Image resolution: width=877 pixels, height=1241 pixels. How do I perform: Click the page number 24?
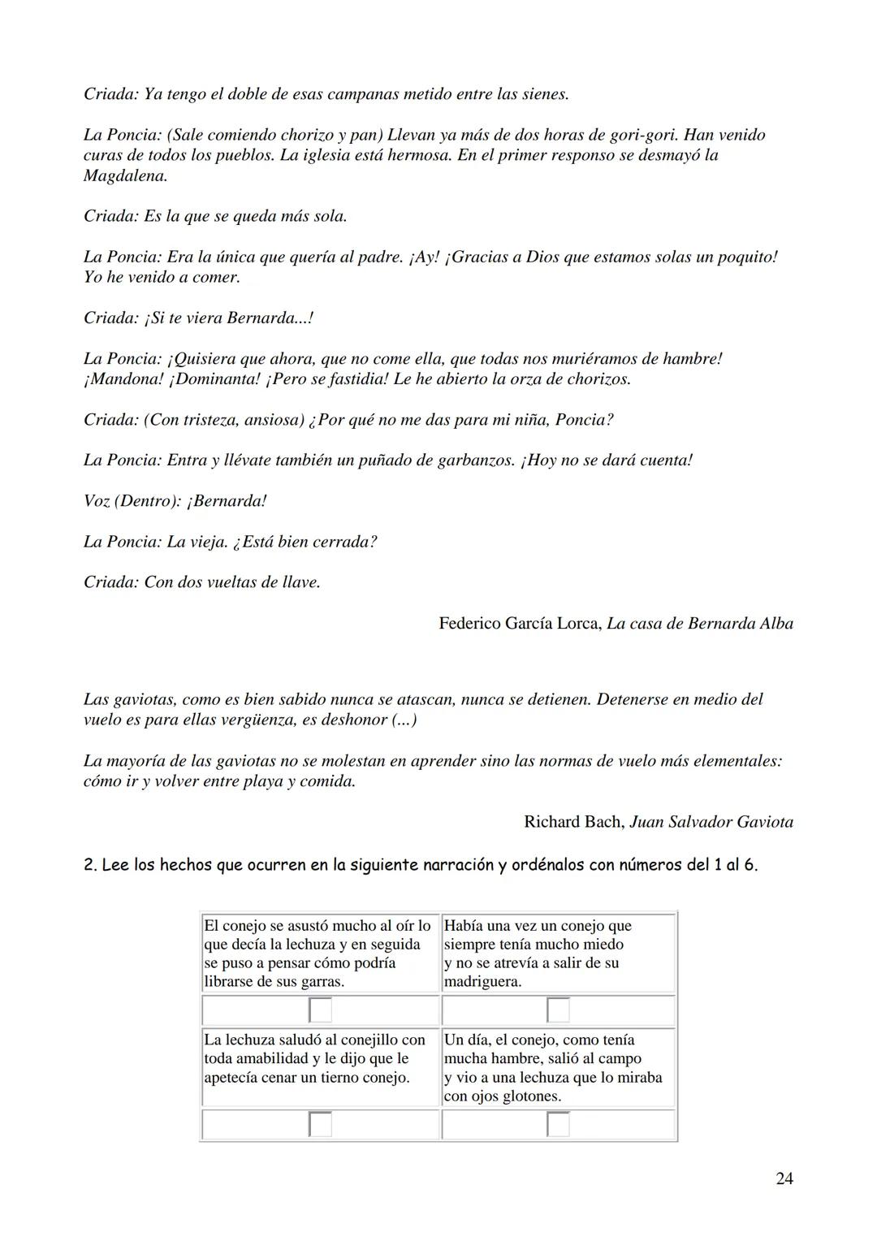click(784, 1178)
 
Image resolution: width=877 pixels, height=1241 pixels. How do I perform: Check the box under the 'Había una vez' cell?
click(558, 1010)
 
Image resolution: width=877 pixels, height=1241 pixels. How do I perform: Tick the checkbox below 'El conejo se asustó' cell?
click(320, 1010)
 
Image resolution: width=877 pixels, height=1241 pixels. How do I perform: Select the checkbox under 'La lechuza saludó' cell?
click(320, 1125)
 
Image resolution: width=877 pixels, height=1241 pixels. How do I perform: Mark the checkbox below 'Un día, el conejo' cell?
click(558, 1125)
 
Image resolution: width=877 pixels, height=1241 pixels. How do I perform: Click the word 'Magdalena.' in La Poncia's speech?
click(125, 175)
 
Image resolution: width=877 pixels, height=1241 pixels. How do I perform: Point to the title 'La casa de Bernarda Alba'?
click(700, 624)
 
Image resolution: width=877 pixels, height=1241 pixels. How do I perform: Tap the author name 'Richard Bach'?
click(573, 822)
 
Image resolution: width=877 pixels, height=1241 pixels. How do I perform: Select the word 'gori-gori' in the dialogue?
click(642, 135)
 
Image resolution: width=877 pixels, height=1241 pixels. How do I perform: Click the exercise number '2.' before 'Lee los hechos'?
click(90, 865)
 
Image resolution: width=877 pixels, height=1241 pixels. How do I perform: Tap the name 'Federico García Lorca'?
click(519, 624)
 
